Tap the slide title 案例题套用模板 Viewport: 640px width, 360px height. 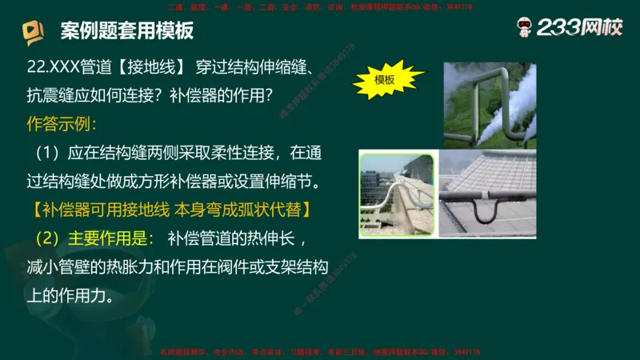coord(127,32)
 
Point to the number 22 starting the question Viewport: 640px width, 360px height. coord(34,66)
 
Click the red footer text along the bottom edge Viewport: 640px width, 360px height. coord(320,352)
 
